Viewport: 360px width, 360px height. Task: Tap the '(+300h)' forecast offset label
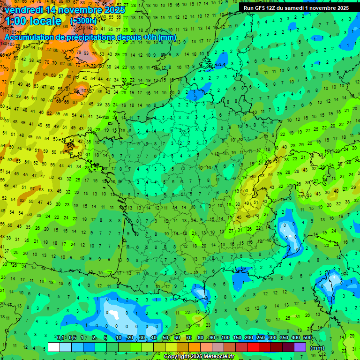[83, 21]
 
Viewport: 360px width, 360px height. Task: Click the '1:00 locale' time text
[33, 22]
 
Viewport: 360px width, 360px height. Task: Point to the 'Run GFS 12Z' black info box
[296, 8]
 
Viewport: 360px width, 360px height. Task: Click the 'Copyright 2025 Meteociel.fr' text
[199, 357]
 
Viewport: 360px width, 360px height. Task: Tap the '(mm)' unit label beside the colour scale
[317, 348]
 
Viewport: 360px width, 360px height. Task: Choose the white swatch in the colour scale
[54, 347]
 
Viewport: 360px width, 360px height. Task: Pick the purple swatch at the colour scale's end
[300, 347]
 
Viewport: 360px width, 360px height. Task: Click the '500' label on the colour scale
[307, 337]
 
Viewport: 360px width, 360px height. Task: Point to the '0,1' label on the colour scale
[60, 337]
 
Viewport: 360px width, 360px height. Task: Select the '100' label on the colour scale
[225, 337]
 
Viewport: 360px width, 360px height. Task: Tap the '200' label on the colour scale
[249, 337]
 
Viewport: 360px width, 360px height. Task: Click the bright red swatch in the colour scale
[253, 347]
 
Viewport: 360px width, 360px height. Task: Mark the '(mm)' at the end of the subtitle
[167, 37]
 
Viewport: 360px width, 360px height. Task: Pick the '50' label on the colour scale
[165, 337]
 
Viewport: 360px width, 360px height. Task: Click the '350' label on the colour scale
[284, 337]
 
